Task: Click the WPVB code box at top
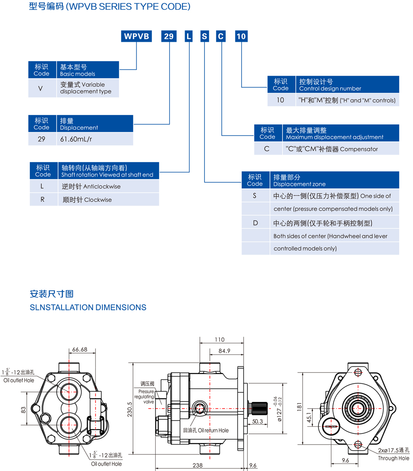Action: [136, 36]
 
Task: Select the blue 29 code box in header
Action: [169, 36]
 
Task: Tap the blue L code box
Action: [188, 36]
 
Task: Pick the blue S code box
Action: [205, 36]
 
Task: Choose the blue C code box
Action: [221, 36]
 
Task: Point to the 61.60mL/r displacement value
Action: [76, 139]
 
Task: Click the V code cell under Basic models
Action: [40, 88]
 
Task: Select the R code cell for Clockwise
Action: [42, 200]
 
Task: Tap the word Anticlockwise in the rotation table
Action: [102, 186]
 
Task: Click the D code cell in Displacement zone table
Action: [255, 223]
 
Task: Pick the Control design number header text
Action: [330, 88]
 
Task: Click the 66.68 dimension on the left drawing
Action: [80, 349]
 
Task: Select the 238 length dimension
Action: [197, 465]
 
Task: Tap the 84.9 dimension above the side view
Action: [224, 351]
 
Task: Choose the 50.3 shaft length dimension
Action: [257, 421]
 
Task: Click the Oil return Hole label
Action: [213, 430]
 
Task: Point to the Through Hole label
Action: [394, 458]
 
